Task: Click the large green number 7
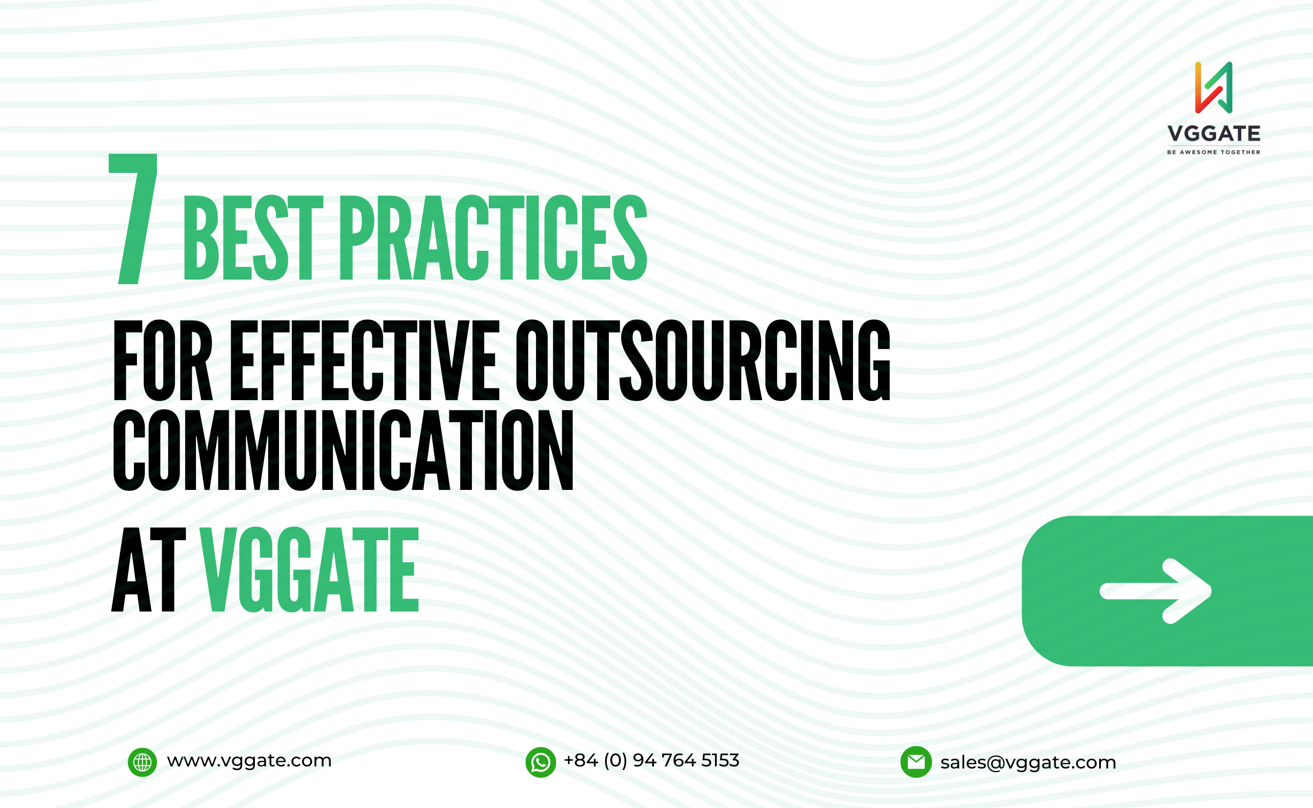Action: point(133,219)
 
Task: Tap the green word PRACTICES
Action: point(493,238)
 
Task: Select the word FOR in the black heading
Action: point(163,361)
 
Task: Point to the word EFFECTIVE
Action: point(365,361)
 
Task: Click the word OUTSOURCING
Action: point(703,361)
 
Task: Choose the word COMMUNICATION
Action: point(344,450)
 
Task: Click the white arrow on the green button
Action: point(1156,591)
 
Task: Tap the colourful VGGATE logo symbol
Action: point(1213,88)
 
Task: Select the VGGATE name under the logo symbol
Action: point(1213,133)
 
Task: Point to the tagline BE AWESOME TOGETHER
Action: point(1213,152)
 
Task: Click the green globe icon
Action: point(142,762)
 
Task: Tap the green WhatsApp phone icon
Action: point(541,762)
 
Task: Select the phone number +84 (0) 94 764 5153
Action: point(652,760)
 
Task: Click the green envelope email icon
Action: point(916,762)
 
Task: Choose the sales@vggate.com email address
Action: point(1028,762)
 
